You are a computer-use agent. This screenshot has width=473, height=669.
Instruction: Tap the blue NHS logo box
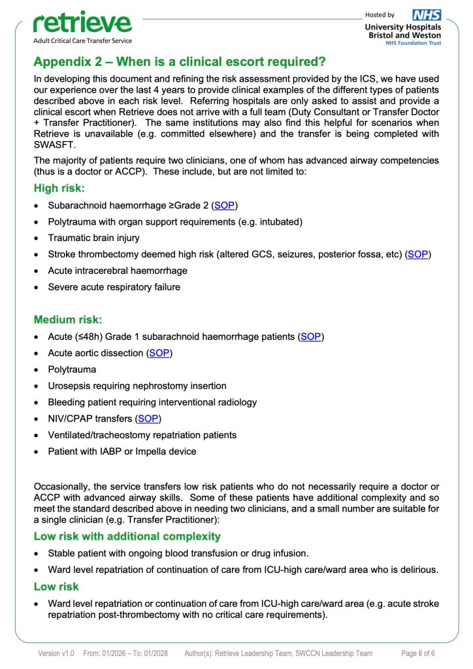(x=427, y=14)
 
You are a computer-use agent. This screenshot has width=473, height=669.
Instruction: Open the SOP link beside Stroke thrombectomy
(x=418, y=254)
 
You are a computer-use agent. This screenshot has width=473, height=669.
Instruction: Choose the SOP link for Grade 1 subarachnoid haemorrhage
(x=310, y=336)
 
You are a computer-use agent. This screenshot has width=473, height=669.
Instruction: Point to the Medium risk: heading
(x=68, y=319)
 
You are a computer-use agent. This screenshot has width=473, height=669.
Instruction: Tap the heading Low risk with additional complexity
(x=127, y=536)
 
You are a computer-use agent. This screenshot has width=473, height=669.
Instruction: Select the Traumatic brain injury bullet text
(x=93, y=238)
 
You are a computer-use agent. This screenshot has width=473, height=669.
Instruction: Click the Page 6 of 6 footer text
(x=418, y=653)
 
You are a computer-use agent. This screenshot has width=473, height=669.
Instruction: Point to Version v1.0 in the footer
(x=56, y=653)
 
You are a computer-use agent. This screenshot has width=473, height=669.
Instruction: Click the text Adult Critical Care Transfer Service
(x=82, y=41)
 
